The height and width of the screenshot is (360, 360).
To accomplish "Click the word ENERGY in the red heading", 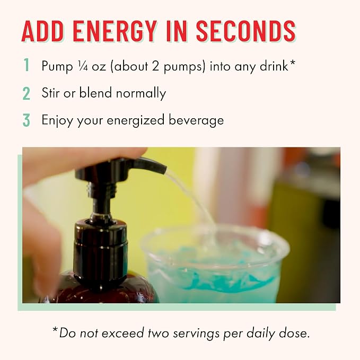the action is (115, 31).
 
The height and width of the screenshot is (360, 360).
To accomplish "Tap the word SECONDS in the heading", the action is (245, 31).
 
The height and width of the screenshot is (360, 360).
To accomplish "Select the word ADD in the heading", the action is (42, 31).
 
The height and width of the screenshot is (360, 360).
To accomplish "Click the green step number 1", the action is (27, 65).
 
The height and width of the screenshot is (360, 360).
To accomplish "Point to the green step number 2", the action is (27, 93).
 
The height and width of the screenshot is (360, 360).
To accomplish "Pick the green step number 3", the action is (27, 120).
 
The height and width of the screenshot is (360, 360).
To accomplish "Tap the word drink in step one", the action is (274, 66).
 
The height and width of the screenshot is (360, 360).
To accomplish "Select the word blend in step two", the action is (95, 93).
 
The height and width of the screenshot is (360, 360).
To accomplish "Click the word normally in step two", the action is (141, 94).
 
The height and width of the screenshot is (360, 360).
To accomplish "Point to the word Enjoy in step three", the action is (57, 120).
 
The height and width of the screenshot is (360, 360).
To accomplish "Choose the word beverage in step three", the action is (196, 120).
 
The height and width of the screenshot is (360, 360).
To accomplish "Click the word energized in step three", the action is (135, 120).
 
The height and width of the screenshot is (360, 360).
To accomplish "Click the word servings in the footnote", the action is (196, 333).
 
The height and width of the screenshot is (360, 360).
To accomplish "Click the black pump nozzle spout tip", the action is (164, 169).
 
